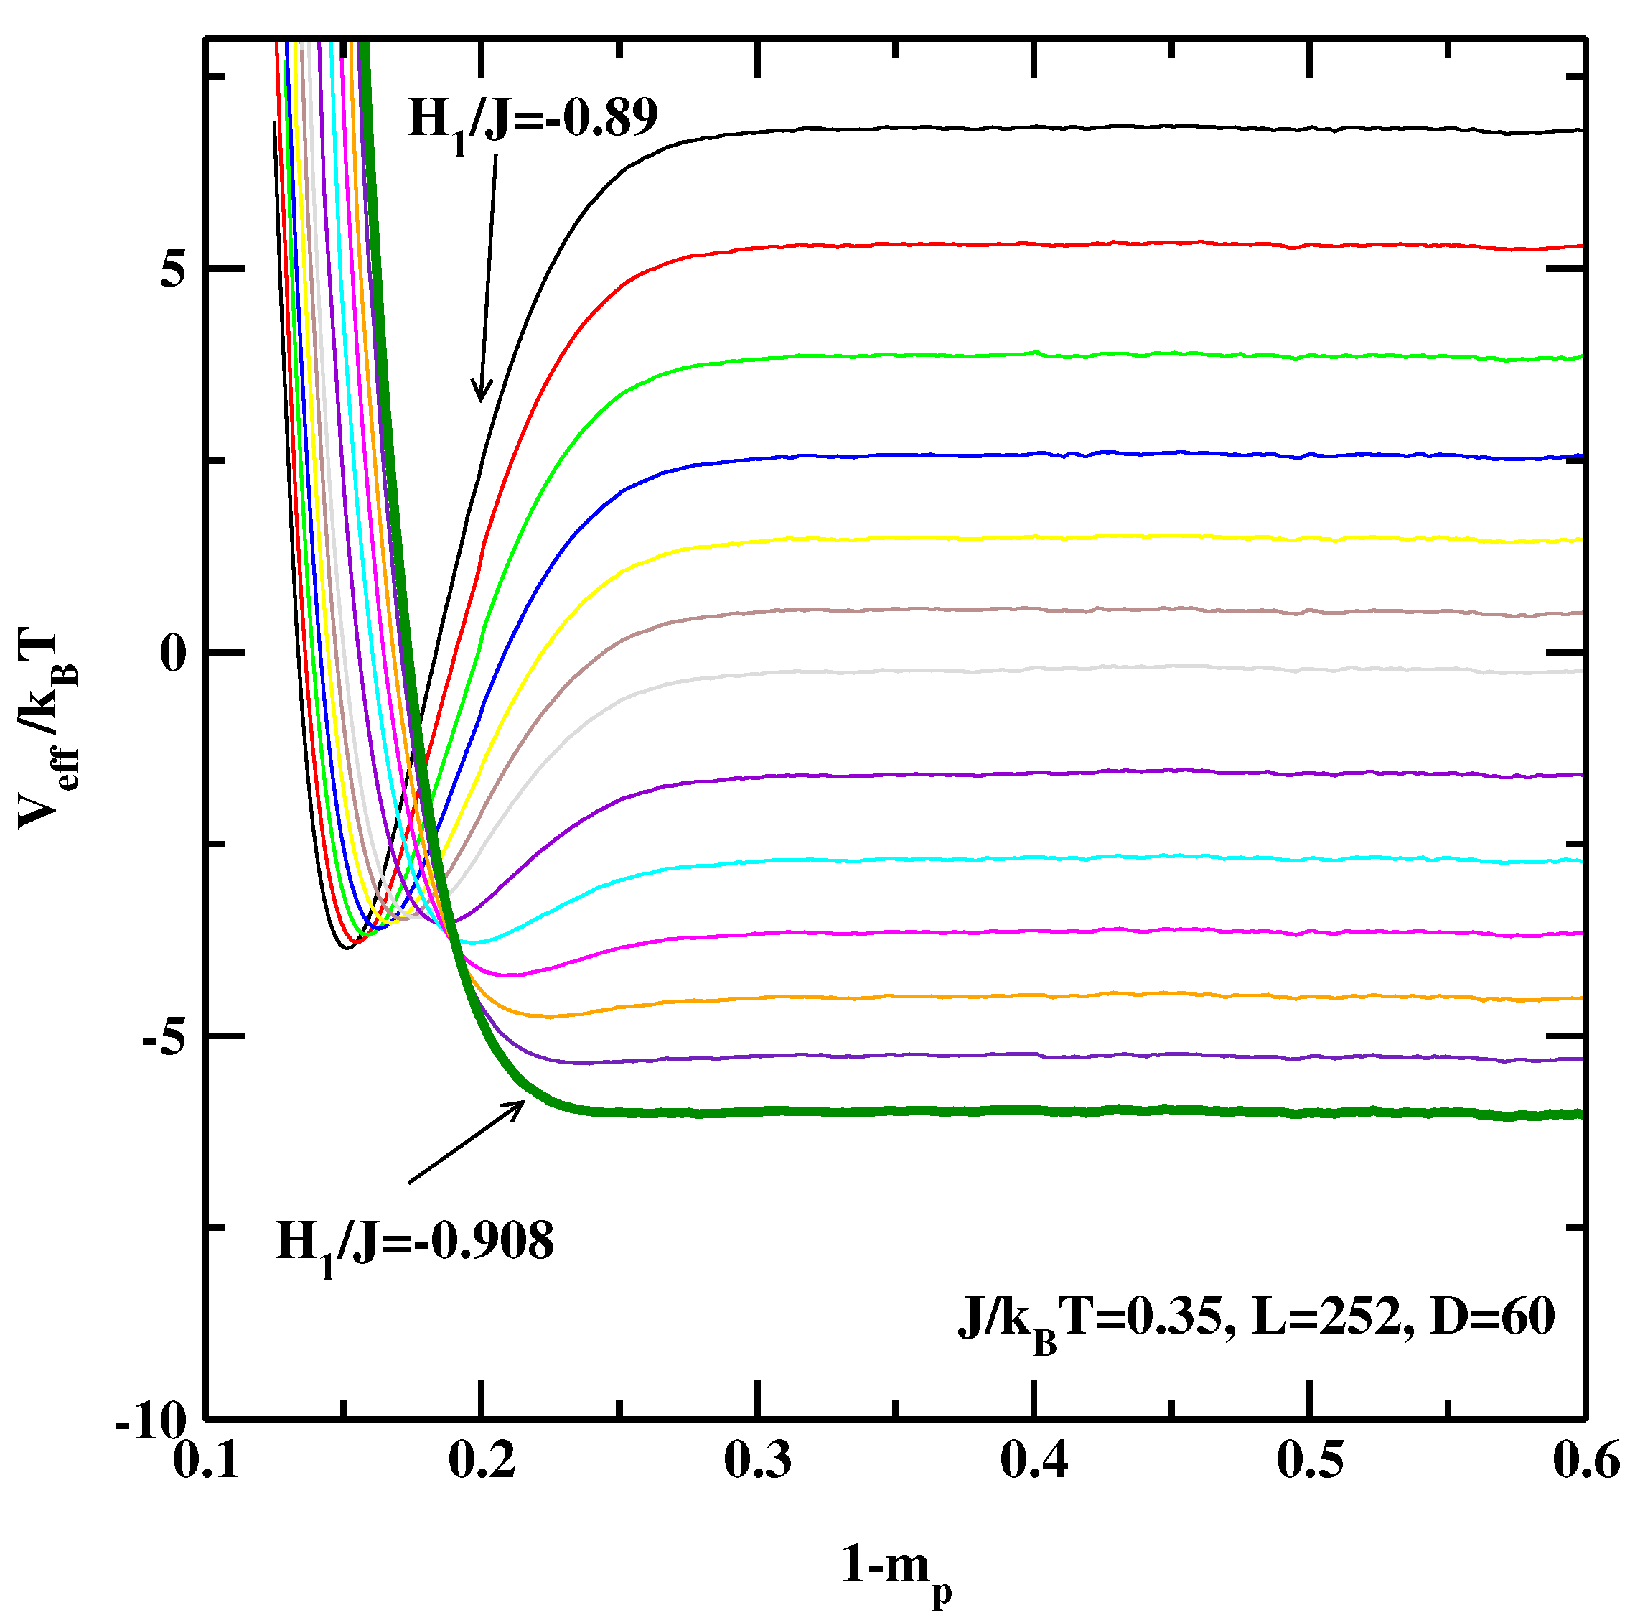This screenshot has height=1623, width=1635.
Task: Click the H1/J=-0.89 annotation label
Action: tap(533, 120)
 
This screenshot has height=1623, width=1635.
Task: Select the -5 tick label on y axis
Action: tap(164, 1036)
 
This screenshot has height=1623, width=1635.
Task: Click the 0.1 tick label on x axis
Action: tap(206, 1462)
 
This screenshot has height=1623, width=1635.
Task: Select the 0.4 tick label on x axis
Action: tap(1034, 1462)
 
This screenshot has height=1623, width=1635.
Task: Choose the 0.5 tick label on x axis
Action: tap(1310, 1462)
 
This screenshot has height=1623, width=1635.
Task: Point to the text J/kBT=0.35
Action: tap(1092, 1321)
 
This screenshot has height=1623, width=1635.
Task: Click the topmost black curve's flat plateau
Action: tap(1100, 128)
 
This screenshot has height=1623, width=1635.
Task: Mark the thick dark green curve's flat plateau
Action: tap(1100, 1111)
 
